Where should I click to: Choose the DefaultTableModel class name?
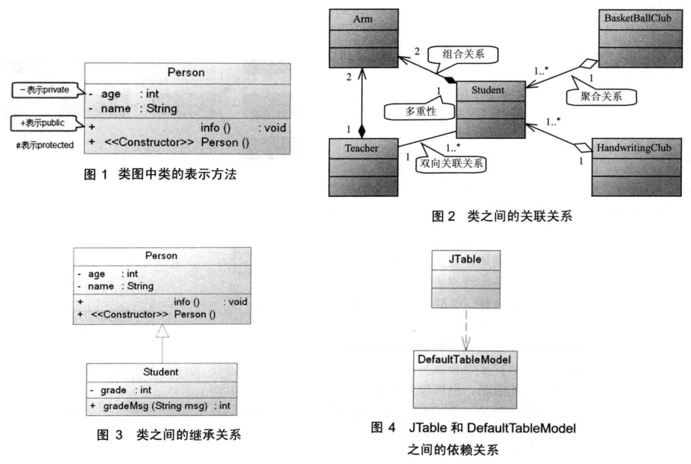coord(463,360)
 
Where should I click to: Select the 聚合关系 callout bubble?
coord(600,96)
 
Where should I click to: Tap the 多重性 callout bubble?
coord(412,110)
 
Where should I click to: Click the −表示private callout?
coord(43,92)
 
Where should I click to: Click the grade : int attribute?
coord(125,390)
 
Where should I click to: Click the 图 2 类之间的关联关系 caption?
coord(502,218)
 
